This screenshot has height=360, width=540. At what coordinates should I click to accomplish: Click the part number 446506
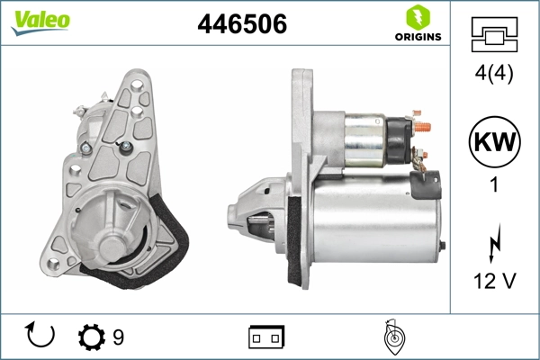point(242,25)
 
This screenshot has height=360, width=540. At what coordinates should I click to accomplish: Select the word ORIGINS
point(417,38)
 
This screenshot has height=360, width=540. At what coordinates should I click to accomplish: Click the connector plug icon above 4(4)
point(494,37)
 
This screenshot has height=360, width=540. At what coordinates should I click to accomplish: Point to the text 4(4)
point(494,75)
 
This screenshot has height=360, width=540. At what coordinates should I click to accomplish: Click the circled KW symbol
point(494,141)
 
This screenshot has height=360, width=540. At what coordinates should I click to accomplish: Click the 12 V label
point(494,282)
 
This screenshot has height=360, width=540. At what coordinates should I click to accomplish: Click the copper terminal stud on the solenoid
point(423,126)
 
